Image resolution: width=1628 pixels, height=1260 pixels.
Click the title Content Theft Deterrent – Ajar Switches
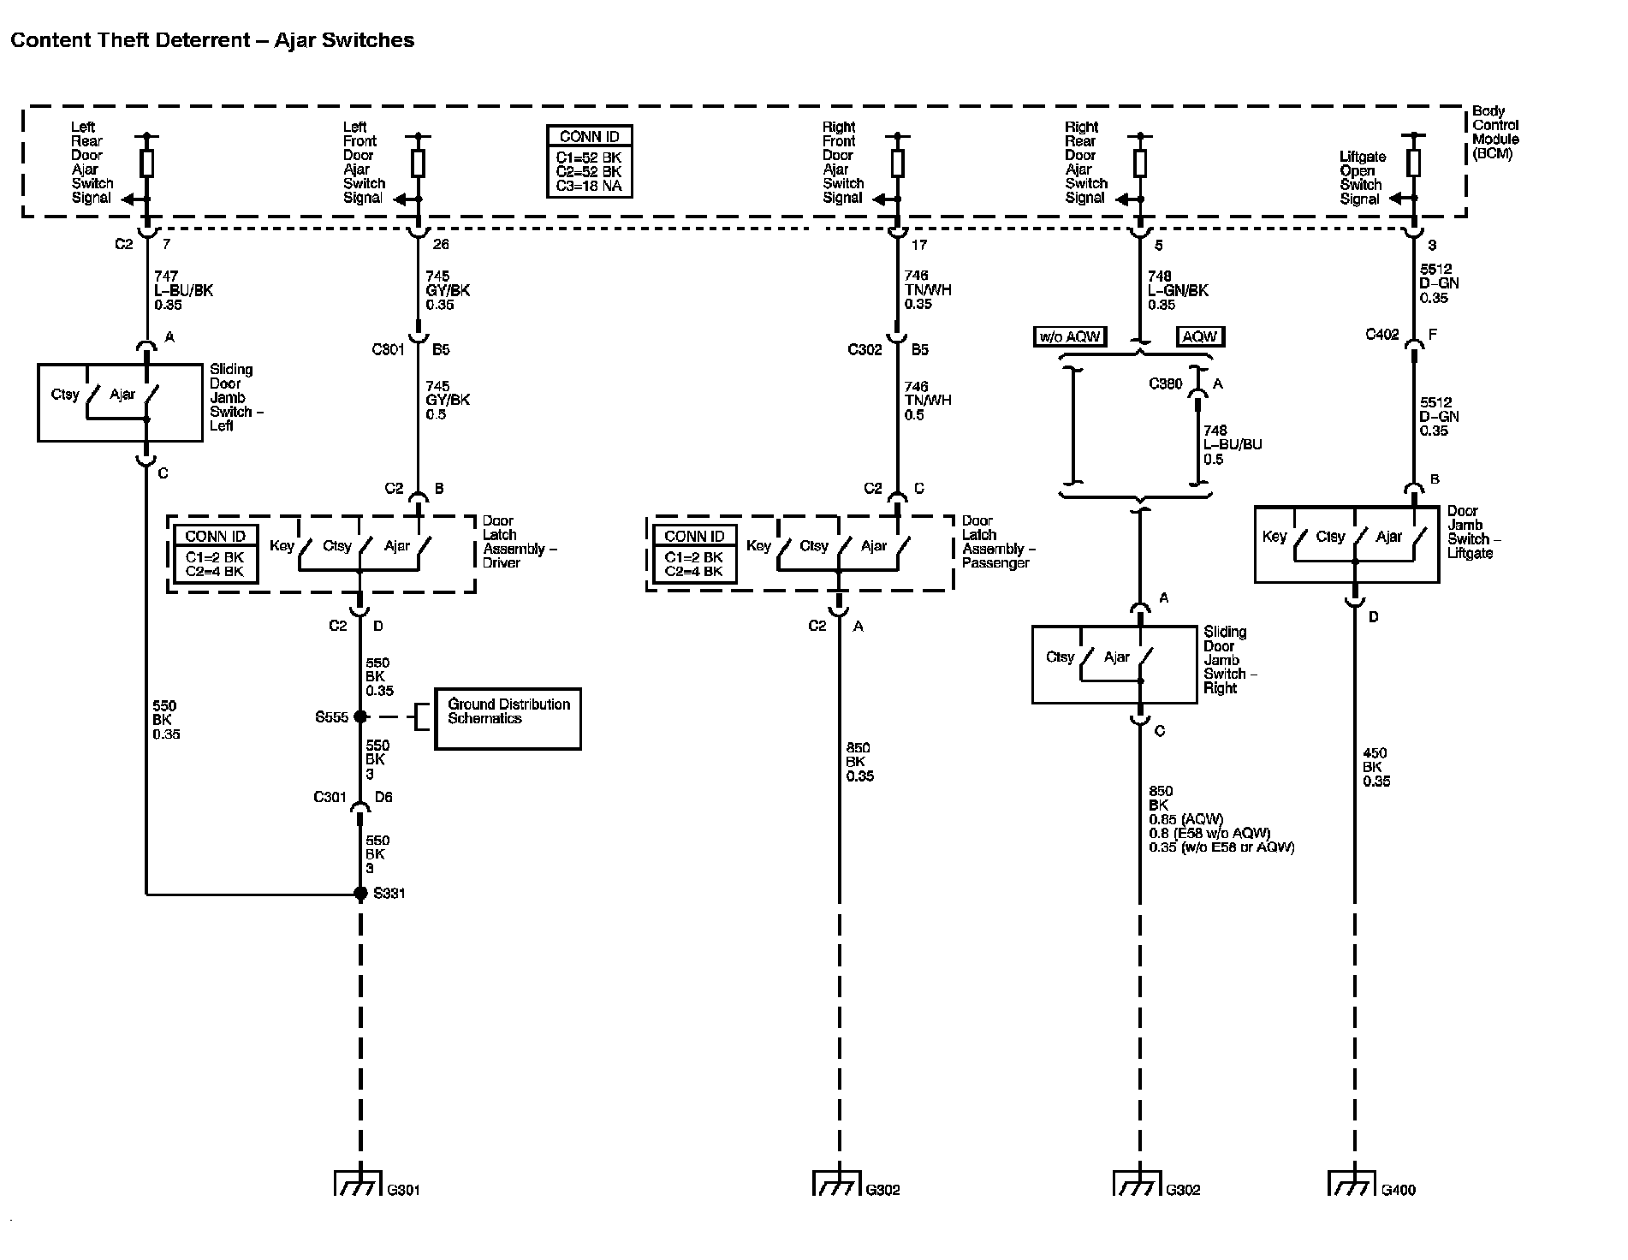pos(212,40)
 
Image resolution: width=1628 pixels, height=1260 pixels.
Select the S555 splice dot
pos(360,716)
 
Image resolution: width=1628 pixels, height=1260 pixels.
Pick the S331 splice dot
pos(360,894)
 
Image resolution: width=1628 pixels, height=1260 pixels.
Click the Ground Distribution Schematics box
pos(508,719)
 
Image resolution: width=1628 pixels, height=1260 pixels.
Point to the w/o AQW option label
pos(1070,336)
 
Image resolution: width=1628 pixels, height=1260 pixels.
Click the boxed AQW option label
pos(1199,336)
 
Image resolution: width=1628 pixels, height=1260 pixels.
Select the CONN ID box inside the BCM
pos(589,161)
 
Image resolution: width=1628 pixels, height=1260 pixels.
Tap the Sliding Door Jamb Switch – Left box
pos(120,402)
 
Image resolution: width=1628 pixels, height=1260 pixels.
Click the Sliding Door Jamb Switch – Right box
pos(1114,665)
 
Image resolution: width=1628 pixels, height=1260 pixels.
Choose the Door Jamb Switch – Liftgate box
pos(1346,544)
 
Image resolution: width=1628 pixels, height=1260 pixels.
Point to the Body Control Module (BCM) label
pos(1494,133)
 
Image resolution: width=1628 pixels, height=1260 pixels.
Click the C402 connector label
pos(1381,335)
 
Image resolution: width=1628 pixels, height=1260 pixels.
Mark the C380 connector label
pos(1165,384)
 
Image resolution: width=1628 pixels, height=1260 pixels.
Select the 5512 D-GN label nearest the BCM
pos(1438,283)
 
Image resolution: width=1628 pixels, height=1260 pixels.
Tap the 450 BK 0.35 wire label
pos(1375,767)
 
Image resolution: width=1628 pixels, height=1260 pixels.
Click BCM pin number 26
pos(441,245)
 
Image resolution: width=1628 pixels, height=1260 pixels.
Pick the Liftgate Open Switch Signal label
pos(1361,178)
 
